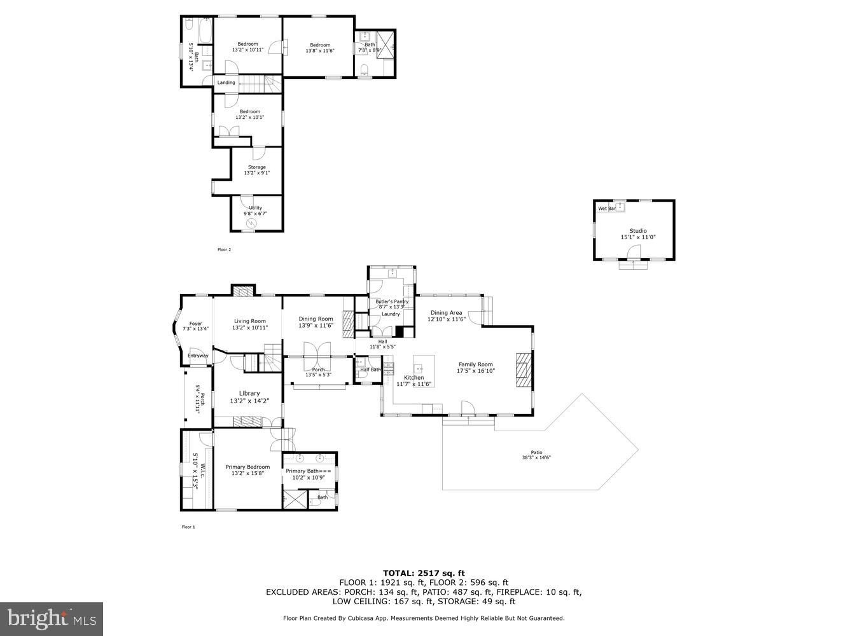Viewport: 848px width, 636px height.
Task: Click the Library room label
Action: (249, 393)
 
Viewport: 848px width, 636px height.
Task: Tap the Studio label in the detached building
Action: (638, 231)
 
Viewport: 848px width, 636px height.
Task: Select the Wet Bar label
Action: (606, 209)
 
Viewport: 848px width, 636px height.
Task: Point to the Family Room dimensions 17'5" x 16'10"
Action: (476, 371)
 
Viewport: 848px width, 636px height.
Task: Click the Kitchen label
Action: (414, 377)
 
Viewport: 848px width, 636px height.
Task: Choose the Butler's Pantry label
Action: (391, 301)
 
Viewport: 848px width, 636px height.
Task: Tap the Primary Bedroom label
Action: (247, 467)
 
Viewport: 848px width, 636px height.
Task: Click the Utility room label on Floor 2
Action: (255, 208)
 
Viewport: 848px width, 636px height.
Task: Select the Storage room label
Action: (256, 167)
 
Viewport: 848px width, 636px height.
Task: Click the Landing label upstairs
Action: (226, 83)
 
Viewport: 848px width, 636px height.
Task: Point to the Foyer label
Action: (195, 323)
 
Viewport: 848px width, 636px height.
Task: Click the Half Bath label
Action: (370, 370)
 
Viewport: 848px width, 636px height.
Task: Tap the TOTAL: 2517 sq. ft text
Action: (423, 573)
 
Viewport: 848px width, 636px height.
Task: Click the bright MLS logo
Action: (52, 618)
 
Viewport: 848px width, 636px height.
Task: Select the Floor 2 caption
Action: (224, 250)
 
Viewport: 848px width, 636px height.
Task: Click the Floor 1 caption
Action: (188, 527)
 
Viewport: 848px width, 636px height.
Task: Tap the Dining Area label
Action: (446, 313)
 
